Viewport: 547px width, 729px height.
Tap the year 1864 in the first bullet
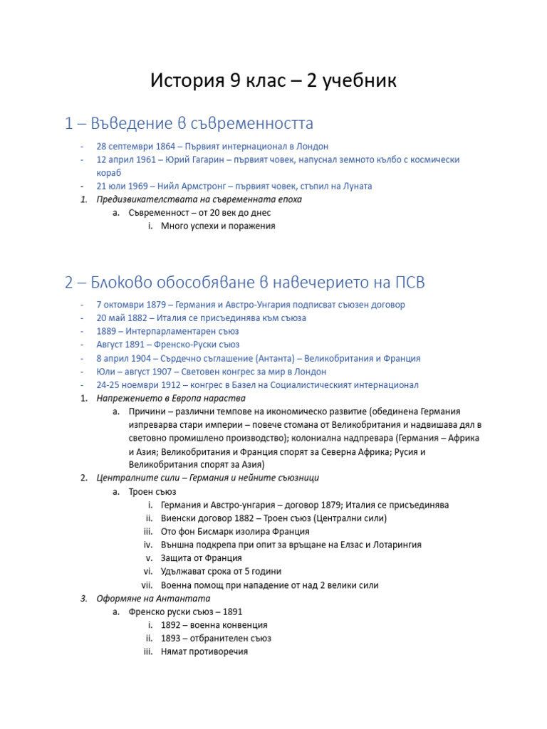[x=166, y=146]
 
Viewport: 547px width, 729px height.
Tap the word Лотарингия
[x=391, y=545]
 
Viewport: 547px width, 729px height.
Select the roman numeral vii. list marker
[x=147, y=585]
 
